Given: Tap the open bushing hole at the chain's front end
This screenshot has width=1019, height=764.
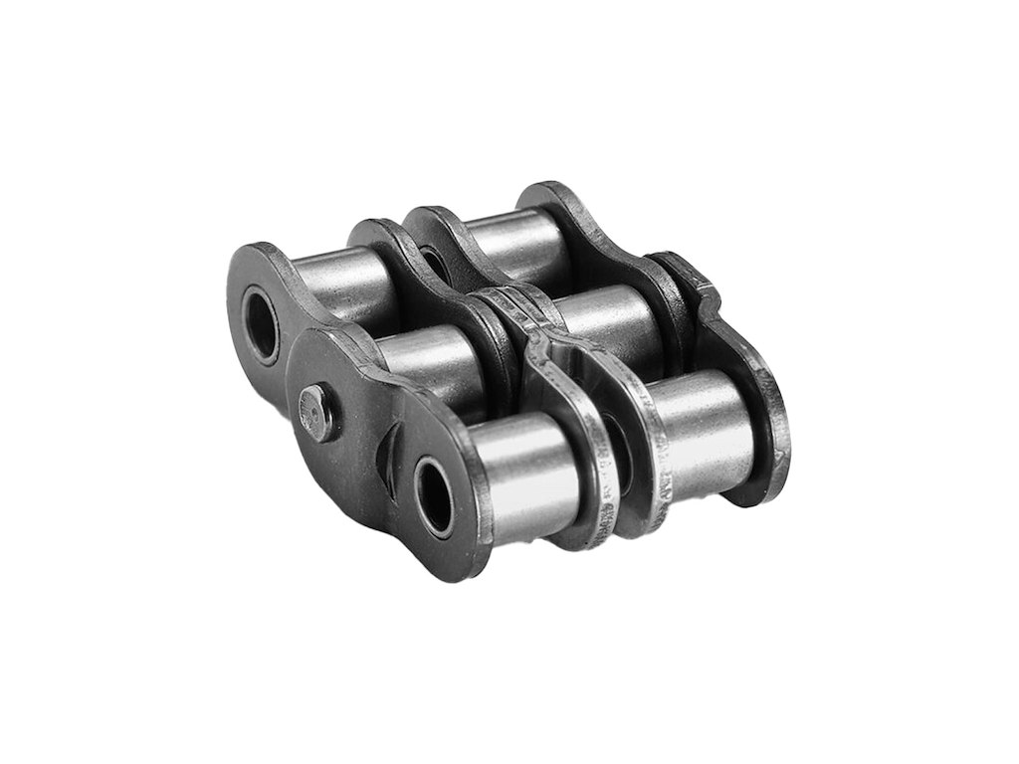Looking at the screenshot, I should tap(435, 493).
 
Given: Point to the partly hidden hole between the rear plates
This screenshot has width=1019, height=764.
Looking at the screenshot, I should tap(434, 261).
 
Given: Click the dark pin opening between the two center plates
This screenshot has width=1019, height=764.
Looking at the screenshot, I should tap(610, 438).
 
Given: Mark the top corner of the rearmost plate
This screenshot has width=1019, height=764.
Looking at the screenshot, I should tap(542, 191).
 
